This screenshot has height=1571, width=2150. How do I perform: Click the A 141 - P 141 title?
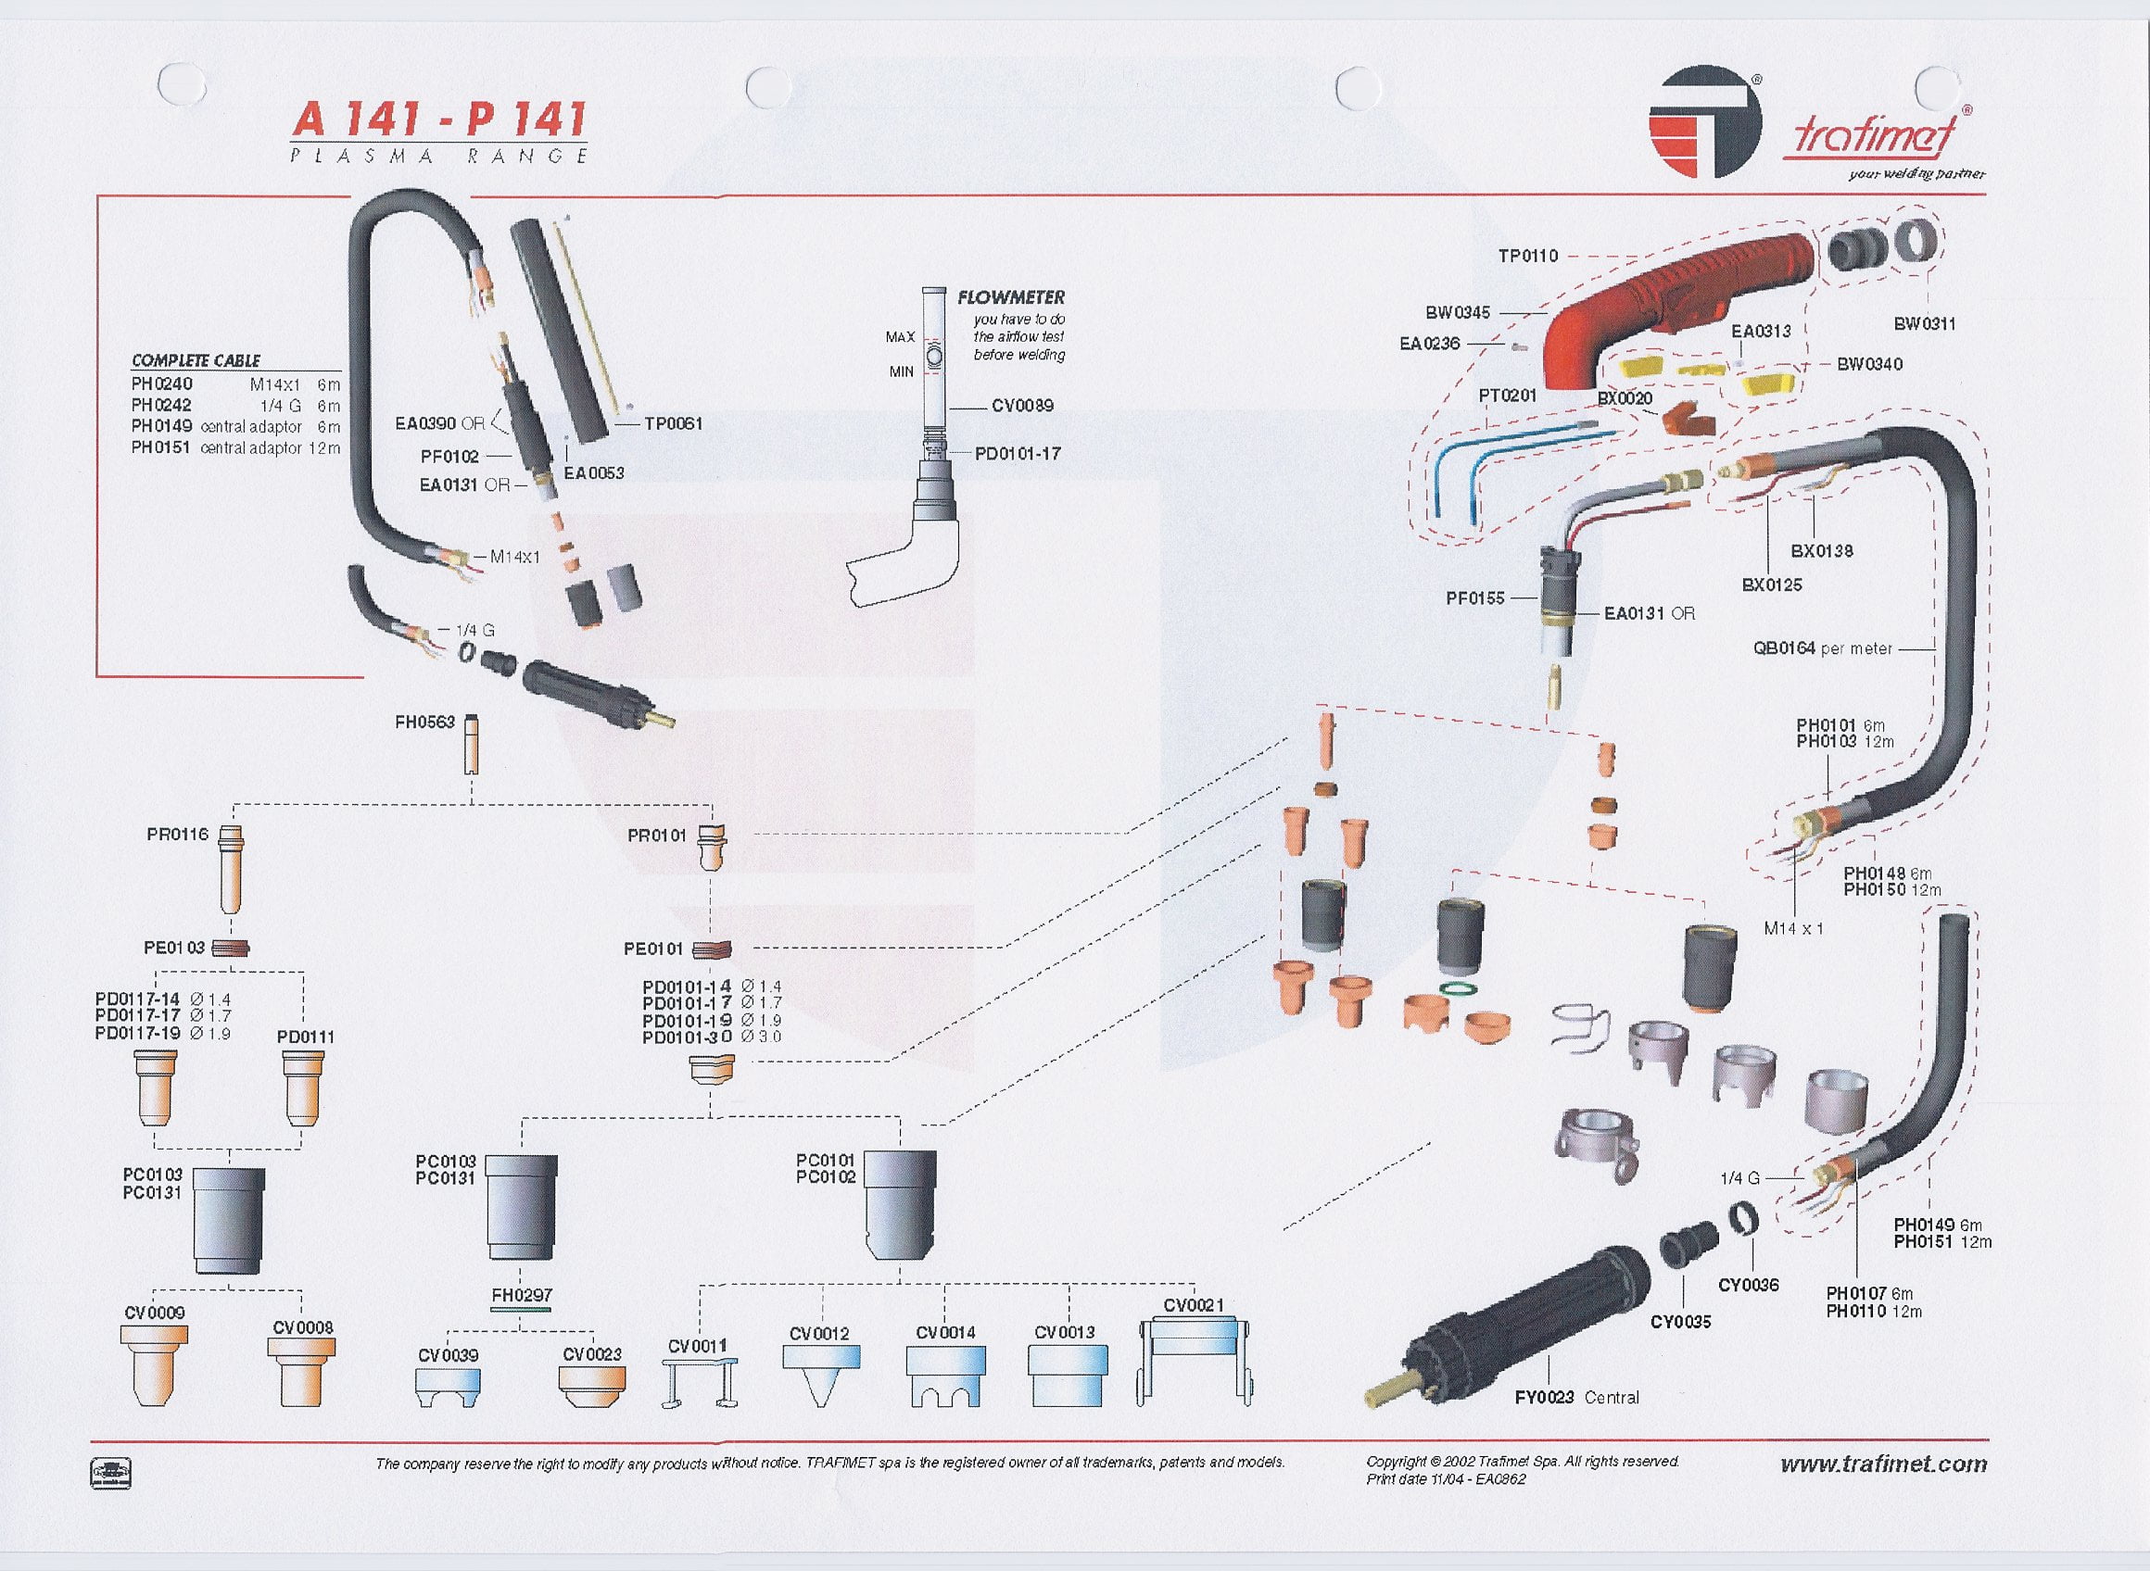coord(438,120)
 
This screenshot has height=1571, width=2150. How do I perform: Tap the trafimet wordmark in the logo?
coord(1874,136)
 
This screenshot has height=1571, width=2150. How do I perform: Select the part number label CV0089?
coord(1022,406)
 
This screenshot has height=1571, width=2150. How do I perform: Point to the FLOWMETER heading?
coord(1010,297)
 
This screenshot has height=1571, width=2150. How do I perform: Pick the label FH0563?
coord(425,722)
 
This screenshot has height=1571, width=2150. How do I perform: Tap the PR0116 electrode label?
coord(178,835)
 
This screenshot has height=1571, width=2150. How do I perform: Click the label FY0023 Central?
coord(1576,1397)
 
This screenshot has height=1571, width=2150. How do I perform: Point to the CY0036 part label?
coord(1749,1285)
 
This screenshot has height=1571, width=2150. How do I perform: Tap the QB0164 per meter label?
coord(1823,648)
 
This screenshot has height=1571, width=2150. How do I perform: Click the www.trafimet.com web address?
coord(1884,1464)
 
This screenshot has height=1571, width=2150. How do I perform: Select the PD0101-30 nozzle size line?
coord(712,1037)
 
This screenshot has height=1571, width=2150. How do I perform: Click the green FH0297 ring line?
coord(522,1310)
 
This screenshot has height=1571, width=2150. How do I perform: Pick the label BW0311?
coord(1925,323)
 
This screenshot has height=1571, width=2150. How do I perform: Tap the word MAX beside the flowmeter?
coord(900,336)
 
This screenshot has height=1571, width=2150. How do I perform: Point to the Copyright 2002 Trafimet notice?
coord(1522,1462)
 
